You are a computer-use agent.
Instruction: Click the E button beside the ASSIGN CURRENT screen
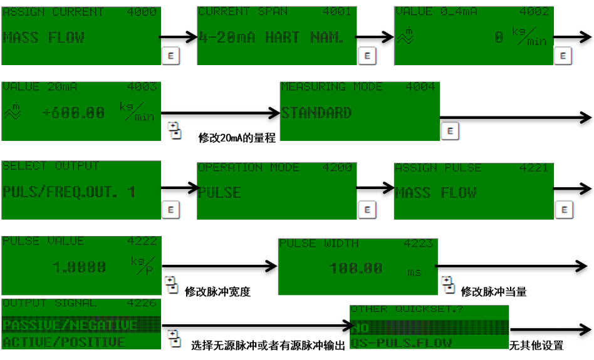click(170, 55)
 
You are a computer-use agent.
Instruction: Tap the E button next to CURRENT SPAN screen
click(367, 55)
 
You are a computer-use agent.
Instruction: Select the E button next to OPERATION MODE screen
click(367, 210)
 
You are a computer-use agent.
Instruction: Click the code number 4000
click(143, 12)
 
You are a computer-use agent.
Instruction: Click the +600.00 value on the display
click(74, 113)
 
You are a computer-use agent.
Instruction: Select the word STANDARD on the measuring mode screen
click(316, 113)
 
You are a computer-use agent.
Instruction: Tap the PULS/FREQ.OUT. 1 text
click(69, 192)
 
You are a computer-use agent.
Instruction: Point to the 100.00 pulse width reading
click(356, 268)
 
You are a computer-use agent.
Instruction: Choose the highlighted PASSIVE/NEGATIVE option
click(70, 325)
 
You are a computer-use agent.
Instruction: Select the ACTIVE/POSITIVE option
click(64, 342)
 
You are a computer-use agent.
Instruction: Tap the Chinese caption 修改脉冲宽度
click(217, 291)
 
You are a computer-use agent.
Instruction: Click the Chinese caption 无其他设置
click(536, 345)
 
